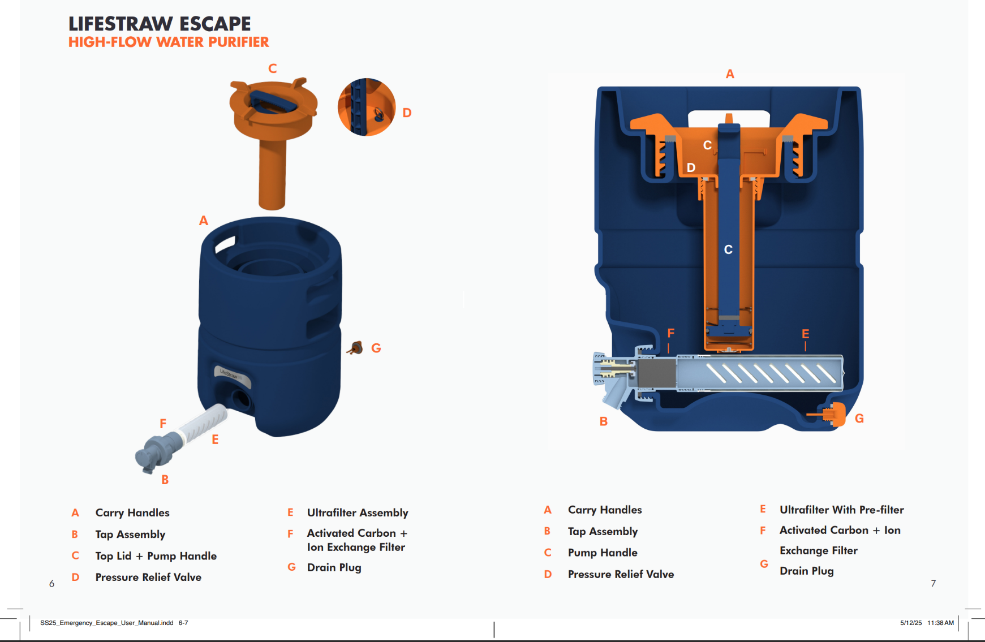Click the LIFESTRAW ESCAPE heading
[x=160, y=24]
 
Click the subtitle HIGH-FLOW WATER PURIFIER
[x=169, y=42]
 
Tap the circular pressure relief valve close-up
[x=366, y=107]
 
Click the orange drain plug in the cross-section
[x=836, y=415]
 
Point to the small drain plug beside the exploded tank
[x=356, y=347]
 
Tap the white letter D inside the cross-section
[x=691, y=168]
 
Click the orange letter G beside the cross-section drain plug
[x=859, y=419]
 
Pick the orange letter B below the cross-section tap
[x=604, y=421]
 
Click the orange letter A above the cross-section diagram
[x=730, y=74]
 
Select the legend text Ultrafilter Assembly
[x=358, y=512]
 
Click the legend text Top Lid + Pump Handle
[x=156, y=556]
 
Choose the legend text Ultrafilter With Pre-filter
[x=841, y=510]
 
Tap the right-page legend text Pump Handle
[x=603, y=553]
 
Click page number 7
[x=934, y=583]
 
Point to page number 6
[x=51, y=584]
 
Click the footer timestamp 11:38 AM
[x=940, y=623]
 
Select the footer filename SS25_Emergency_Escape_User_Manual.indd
[x=107, y=623]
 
